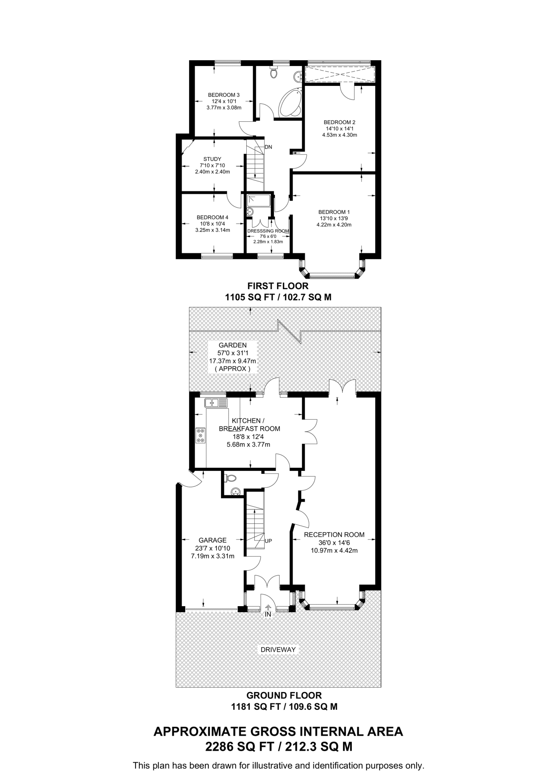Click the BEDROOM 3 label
[224, 95]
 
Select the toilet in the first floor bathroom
[274, 72]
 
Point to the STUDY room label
[212, 159]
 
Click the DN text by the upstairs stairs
[268, 147]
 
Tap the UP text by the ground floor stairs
[268, 541]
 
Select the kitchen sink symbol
[216, 403]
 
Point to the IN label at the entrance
[268, 614]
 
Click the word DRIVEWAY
[278, 649]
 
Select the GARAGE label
[212, 540]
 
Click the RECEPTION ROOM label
[334, 535]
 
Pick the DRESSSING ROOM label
[268, 231]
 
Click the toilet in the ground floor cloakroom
[230, 478]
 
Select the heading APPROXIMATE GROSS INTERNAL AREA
[278, 731]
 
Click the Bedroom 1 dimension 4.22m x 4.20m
[334, 225]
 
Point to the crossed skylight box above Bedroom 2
[340, 74]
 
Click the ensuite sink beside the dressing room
[250, 212]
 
